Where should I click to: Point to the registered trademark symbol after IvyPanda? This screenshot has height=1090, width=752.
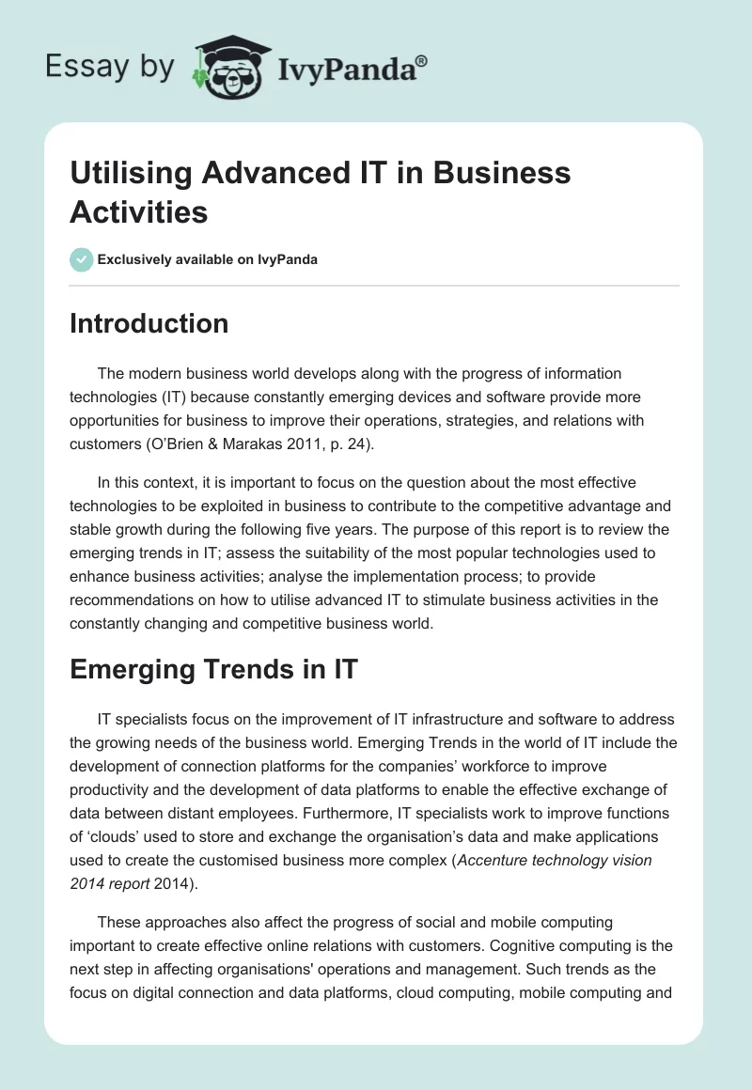422,60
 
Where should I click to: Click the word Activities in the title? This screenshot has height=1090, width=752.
139,211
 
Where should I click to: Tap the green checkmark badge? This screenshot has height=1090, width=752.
82,259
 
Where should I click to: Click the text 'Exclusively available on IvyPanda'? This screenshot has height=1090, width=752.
208,259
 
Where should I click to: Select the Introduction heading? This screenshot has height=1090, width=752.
149,323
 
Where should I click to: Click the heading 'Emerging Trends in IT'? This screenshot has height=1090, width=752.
213,669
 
